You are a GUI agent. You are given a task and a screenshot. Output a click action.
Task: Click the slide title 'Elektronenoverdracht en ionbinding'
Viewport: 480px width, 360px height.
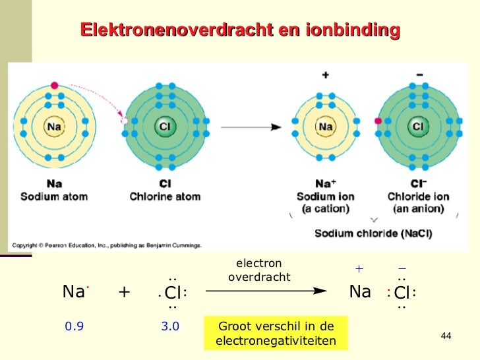pos(240,30)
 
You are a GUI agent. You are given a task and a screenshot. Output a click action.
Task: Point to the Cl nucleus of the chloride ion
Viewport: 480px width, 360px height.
pos(417,126)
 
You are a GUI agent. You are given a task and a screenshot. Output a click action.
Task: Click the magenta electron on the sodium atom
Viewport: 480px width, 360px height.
pos(54,85)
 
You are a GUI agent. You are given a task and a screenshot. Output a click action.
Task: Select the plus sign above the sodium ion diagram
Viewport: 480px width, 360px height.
pos(325,75)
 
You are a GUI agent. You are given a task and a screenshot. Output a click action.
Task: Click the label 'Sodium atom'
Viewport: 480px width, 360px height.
pos(54,196)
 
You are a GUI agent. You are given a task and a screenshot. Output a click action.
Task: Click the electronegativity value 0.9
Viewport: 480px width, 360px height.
pos(74,326)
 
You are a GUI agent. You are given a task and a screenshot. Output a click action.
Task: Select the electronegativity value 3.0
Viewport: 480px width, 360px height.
pos(170,326)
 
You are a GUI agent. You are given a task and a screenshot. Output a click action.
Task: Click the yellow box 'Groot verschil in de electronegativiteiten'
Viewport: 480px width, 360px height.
pos(276,334)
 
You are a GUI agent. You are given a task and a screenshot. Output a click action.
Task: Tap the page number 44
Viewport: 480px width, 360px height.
pos(445,337)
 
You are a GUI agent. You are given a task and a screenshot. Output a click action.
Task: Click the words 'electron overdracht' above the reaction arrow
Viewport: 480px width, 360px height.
pos(258,270)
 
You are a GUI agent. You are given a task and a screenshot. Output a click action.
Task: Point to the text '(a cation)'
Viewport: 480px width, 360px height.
pos(324,209)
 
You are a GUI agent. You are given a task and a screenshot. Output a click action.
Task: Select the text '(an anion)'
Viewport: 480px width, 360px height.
pos(417,209)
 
